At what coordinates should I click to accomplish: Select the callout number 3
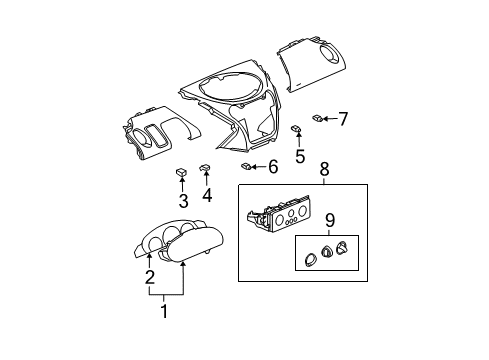[183, 200]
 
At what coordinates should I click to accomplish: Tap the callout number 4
[207, 196]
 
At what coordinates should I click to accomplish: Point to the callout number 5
[299, 156]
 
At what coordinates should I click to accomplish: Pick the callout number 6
[273, 166]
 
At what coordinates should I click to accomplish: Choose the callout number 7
[342, 119]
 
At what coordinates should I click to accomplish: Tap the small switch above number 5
[298, 129]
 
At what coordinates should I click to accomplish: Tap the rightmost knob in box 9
[342, 250]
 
